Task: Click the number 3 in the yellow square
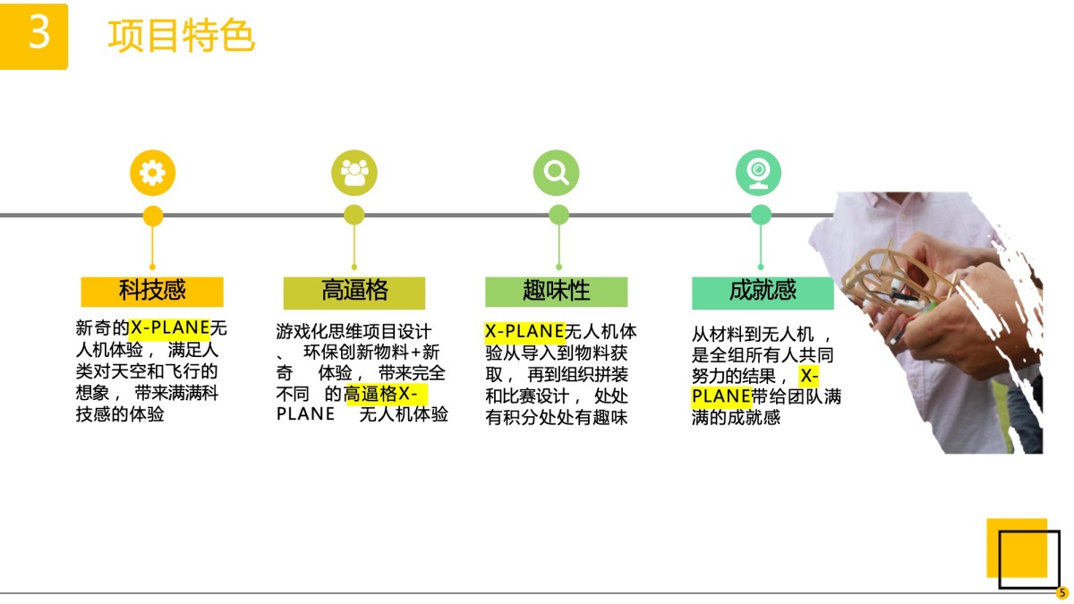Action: [x=39, y=31]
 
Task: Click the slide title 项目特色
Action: [x=181, y=36]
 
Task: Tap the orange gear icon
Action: [x=152, y=173]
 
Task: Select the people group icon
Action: [x=354, y=173]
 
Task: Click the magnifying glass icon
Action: [x=556, y=173]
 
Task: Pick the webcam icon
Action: [x=759, y=173]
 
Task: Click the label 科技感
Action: [x=152, y=291]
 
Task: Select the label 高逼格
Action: [x=354, y=291]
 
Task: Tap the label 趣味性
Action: [x=556, y=291]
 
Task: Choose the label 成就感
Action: [x=763, y=291]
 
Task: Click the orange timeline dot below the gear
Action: [x=153, y=216]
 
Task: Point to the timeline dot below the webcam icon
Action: [x=761, y=215]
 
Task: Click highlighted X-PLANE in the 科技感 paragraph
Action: [x=170, y=328]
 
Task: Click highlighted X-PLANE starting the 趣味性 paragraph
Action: [x=524, y=331]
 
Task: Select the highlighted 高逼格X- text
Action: [x=381, y=394]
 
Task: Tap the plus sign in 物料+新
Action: [x=415, y=353]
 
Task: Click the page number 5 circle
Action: [x=1061, y=592]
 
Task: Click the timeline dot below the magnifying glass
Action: [x=558, y=215]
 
